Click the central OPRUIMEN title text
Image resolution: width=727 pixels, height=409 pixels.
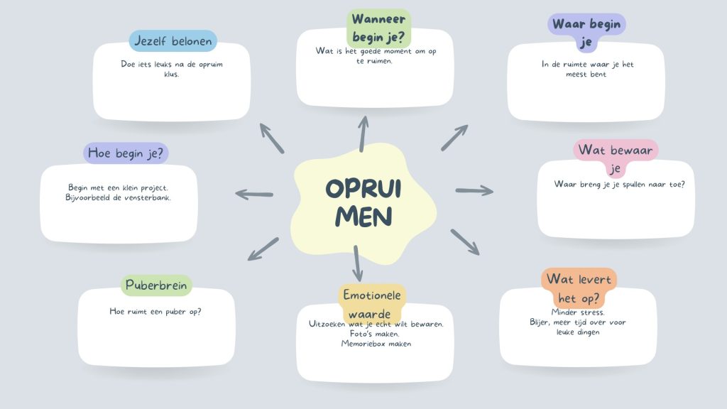click(363, 202)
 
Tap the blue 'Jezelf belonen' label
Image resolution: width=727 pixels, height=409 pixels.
click(173, 41)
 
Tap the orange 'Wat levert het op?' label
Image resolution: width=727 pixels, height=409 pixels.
click(578, 288)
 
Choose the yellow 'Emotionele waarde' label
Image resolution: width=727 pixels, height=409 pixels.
click(372, 303)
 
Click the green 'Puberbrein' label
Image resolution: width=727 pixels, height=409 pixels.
click(156, 286)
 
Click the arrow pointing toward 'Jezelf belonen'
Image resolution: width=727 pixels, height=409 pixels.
click(271, 138)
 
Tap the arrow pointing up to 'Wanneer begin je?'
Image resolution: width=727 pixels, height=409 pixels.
click(363, 133)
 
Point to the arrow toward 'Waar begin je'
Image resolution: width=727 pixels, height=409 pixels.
click(454, 137)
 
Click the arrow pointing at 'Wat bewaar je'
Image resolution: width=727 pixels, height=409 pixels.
click(474, 190)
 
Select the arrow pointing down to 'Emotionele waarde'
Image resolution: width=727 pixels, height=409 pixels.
click(357, 263)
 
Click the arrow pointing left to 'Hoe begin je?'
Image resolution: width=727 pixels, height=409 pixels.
click(254, 194)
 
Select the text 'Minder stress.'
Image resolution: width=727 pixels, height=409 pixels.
click(578, 312)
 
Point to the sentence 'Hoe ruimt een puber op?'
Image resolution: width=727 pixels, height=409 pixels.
click(155, 311)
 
